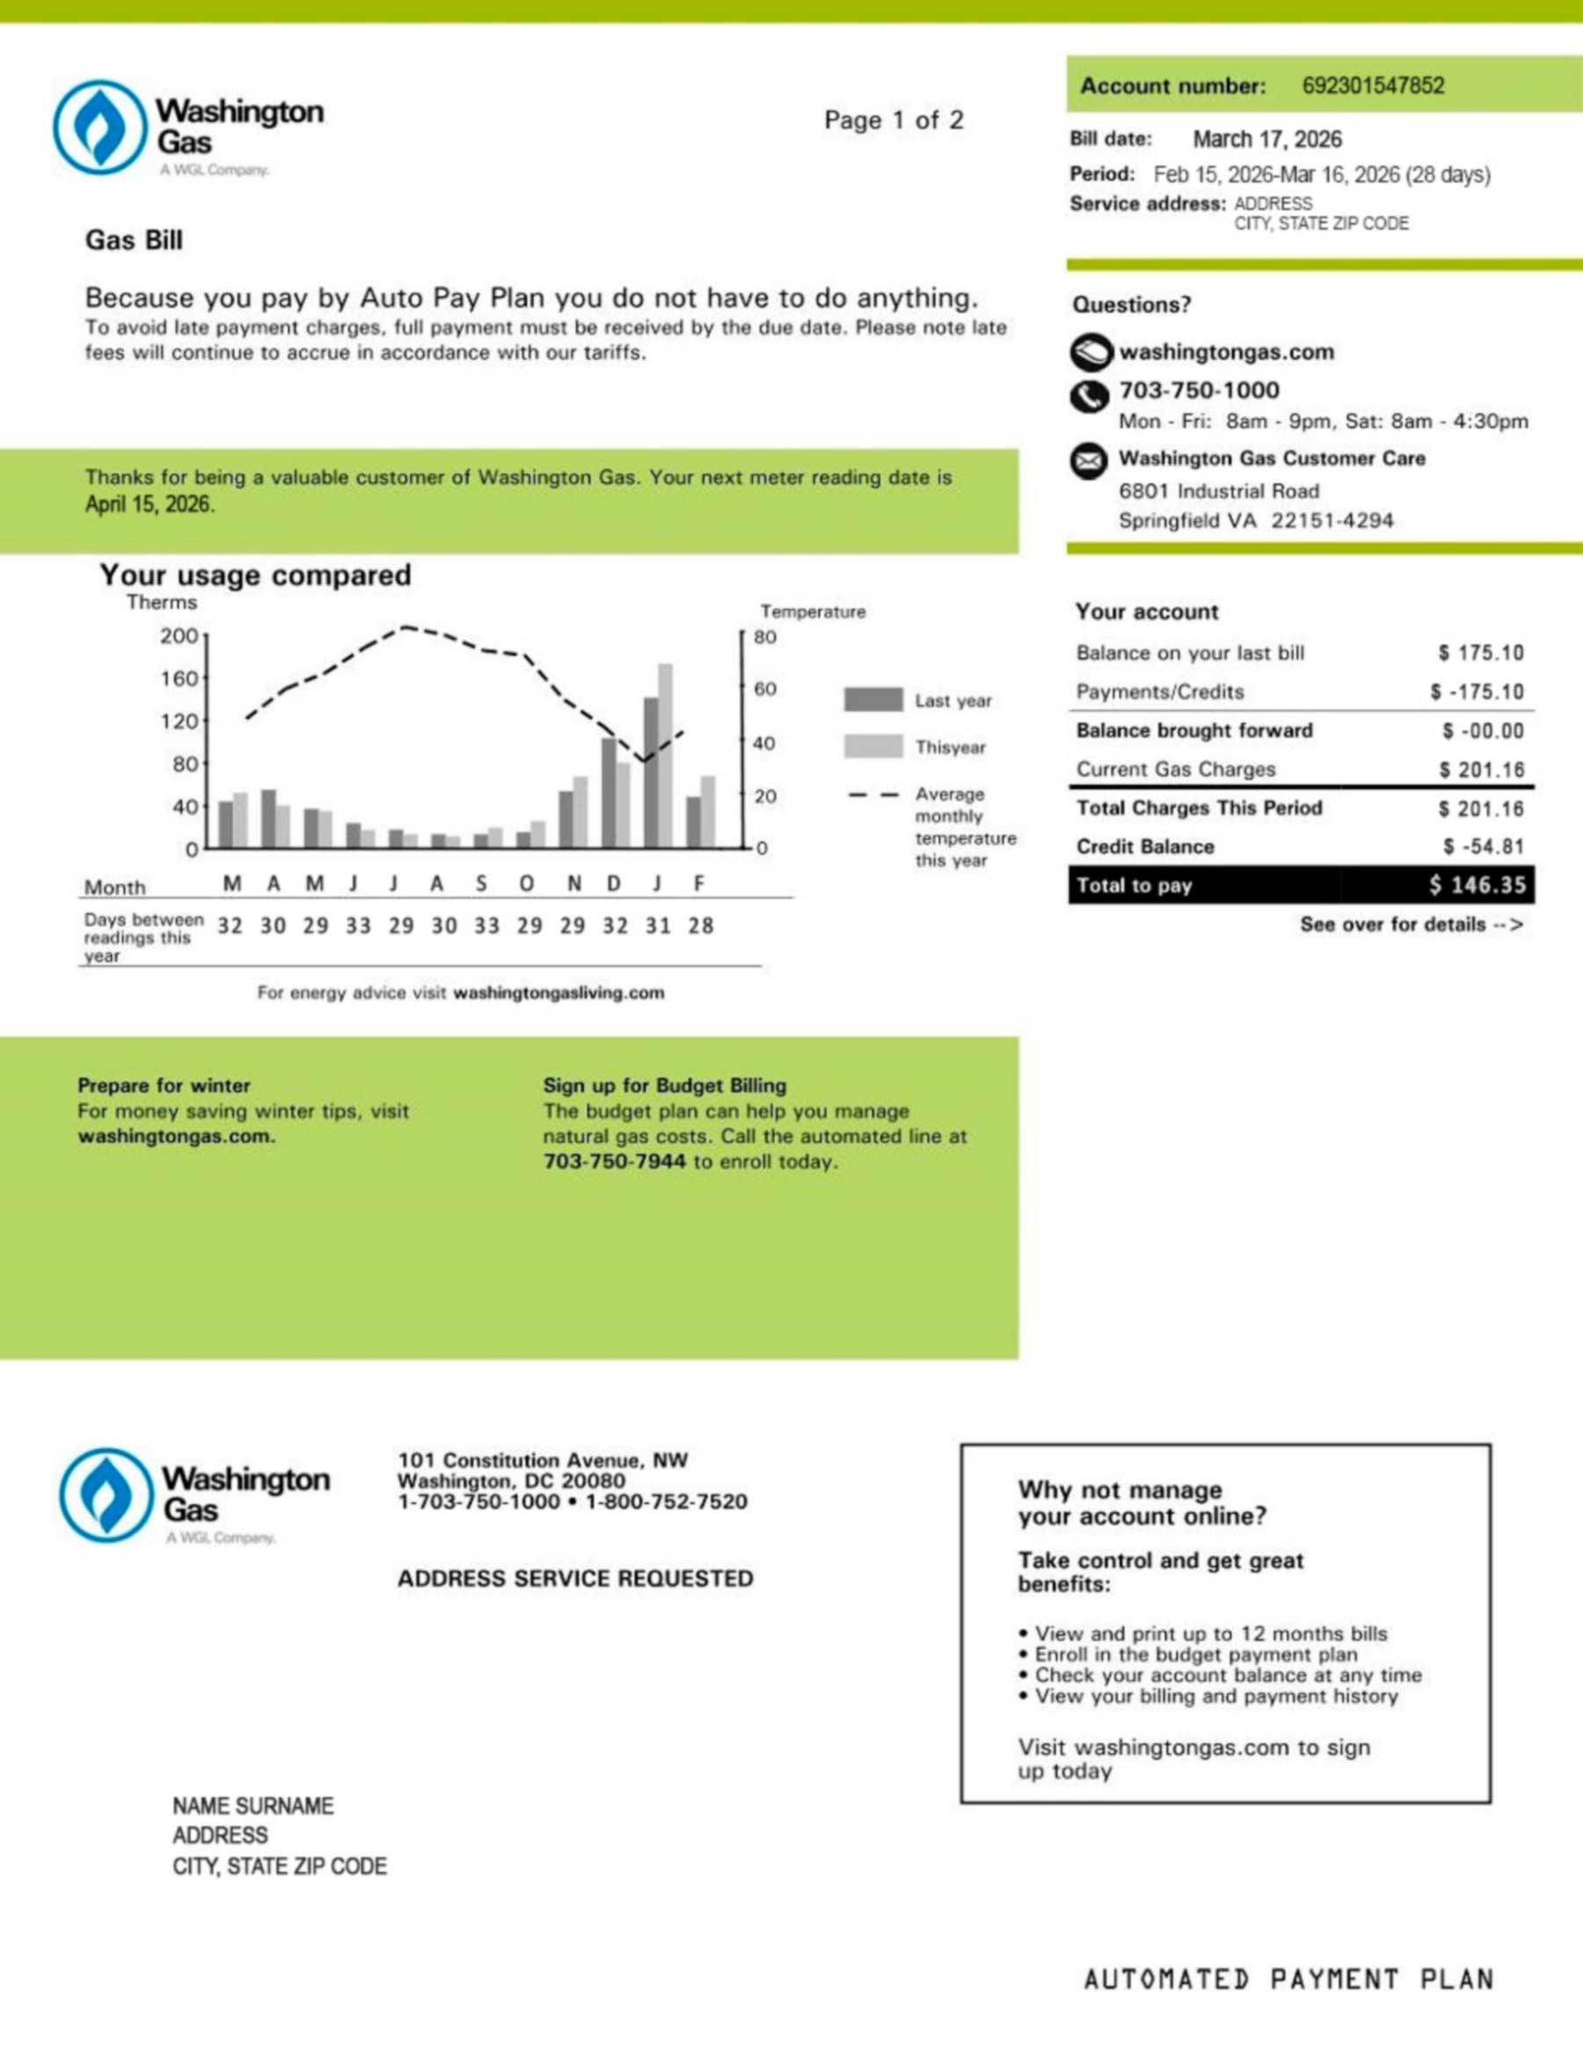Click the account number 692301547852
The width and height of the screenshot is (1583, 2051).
click(x=1373, y=85)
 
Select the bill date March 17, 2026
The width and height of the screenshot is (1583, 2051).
click(x=1266, y=139)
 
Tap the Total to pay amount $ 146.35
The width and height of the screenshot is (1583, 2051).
click(x=1477, y=884)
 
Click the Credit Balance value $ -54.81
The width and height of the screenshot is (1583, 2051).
click(x=1483, y=846)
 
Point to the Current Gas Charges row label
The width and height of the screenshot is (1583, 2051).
click(x=1176, y=769)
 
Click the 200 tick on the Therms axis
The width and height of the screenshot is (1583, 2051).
click(x=179, y=636)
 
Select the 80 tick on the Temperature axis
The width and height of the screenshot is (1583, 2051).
click(x=765, y=637)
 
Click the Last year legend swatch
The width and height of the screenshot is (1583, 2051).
click(x=873, y=700)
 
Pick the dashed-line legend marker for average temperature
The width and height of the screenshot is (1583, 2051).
click(x=873, y=795)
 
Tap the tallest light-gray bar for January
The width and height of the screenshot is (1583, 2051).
click(x=666, y=756)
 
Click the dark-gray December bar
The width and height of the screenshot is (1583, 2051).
click(x=609, y=793)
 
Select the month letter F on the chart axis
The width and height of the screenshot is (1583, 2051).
click(x=699, y=883)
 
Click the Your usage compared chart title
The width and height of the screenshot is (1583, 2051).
click(x=255, y=575)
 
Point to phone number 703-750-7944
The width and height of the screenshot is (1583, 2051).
click(x=614, y=1161)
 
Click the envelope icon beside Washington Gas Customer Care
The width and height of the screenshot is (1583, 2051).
click(x=1089, y=461)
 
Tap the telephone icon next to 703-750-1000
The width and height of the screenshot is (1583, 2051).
click(x=1089, y=395)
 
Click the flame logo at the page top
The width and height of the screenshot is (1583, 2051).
click(x=100, y=127)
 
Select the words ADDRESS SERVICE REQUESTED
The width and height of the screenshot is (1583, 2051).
click(x=574, y=1578)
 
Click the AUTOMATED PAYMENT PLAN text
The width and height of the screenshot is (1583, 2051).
click(x=1288, y=1979)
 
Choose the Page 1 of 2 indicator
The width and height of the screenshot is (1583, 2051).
click(x=893, y=121)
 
